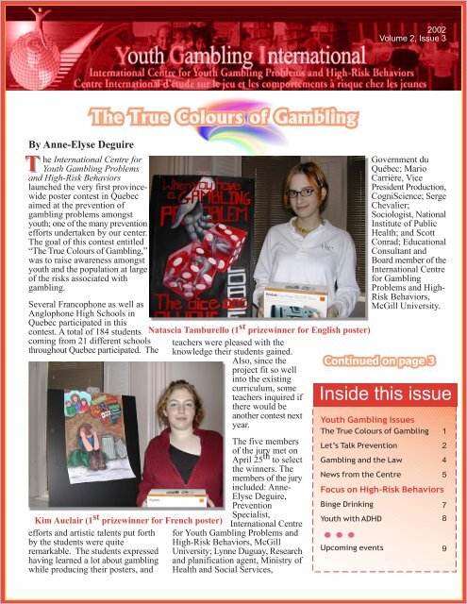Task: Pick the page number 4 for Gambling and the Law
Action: click(x=443, y=461)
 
